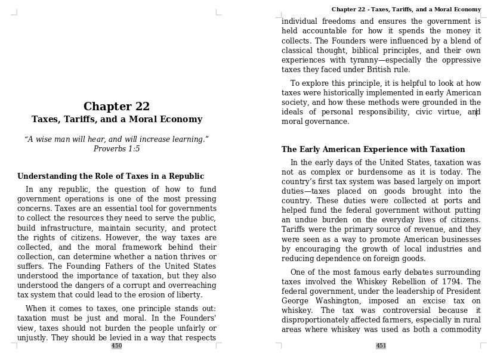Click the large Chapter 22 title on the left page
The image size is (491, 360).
tap(116, 107)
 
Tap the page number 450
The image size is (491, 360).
tap(116, 346)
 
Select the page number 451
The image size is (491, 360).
tap(381, 346)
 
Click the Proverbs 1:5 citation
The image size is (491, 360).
tap(116, 149)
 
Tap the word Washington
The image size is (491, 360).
tap(338, 301)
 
